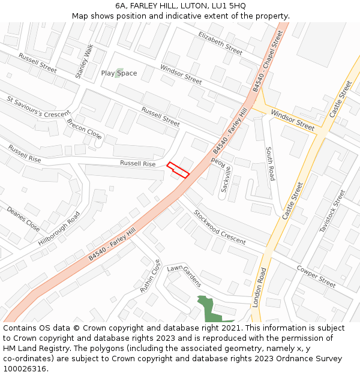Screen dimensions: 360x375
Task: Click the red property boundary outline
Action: click(178, 170)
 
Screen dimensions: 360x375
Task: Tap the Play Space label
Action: click(119, 73)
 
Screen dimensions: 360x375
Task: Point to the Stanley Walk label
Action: click(85, 61)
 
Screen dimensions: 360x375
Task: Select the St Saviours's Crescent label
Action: click(39, 106)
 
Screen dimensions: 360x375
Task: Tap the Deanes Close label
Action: click(23, 219)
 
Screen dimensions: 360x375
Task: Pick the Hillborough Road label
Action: click(59, 229)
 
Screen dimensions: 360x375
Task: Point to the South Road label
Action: click(271, 164)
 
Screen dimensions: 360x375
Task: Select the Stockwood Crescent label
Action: click(220, 227)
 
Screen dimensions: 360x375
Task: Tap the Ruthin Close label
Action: click(151, 276)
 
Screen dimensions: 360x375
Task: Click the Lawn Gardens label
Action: click(185, 276)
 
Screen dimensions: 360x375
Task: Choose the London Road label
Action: click(260, 287)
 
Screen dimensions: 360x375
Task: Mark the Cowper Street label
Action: click(316, 276)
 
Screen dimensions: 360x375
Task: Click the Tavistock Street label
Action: click(333, 211)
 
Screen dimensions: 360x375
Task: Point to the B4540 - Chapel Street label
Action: click(267, 61)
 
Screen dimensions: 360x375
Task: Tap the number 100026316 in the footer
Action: click(24, 368)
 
